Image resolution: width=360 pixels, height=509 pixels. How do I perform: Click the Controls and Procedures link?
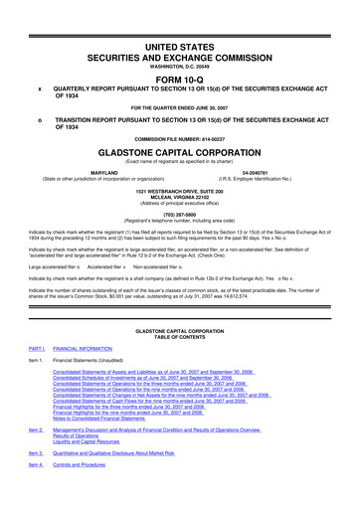coord(92,494)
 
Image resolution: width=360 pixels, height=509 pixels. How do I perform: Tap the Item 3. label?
coord(37,480)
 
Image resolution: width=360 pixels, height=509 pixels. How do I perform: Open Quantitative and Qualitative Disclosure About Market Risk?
coord(138,480)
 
